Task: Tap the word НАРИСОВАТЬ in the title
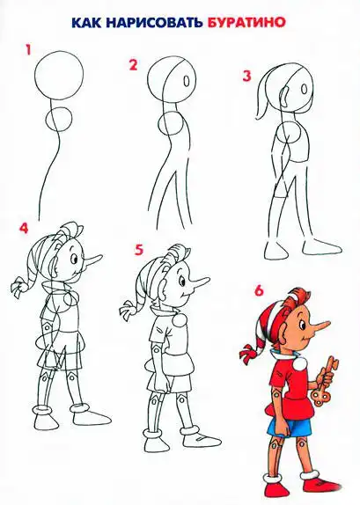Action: [151, 22]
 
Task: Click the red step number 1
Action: [28, 50]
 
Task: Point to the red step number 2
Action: [133, 65]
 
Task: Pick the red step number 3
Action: [246, 77]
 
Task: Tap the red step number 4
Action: [24, 228]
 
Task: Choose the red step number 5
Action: [139, 250]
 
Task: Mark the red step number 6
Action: [259, 290]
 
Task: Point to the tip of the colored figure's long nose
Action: [330, 322]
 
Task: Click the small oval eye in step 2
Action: [187, 81]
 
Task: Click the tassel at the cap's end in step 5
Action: [128, 311]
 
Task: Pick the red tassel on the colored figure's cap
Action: [247, 353]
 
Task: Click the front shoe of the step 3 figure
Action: [322, 248]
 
